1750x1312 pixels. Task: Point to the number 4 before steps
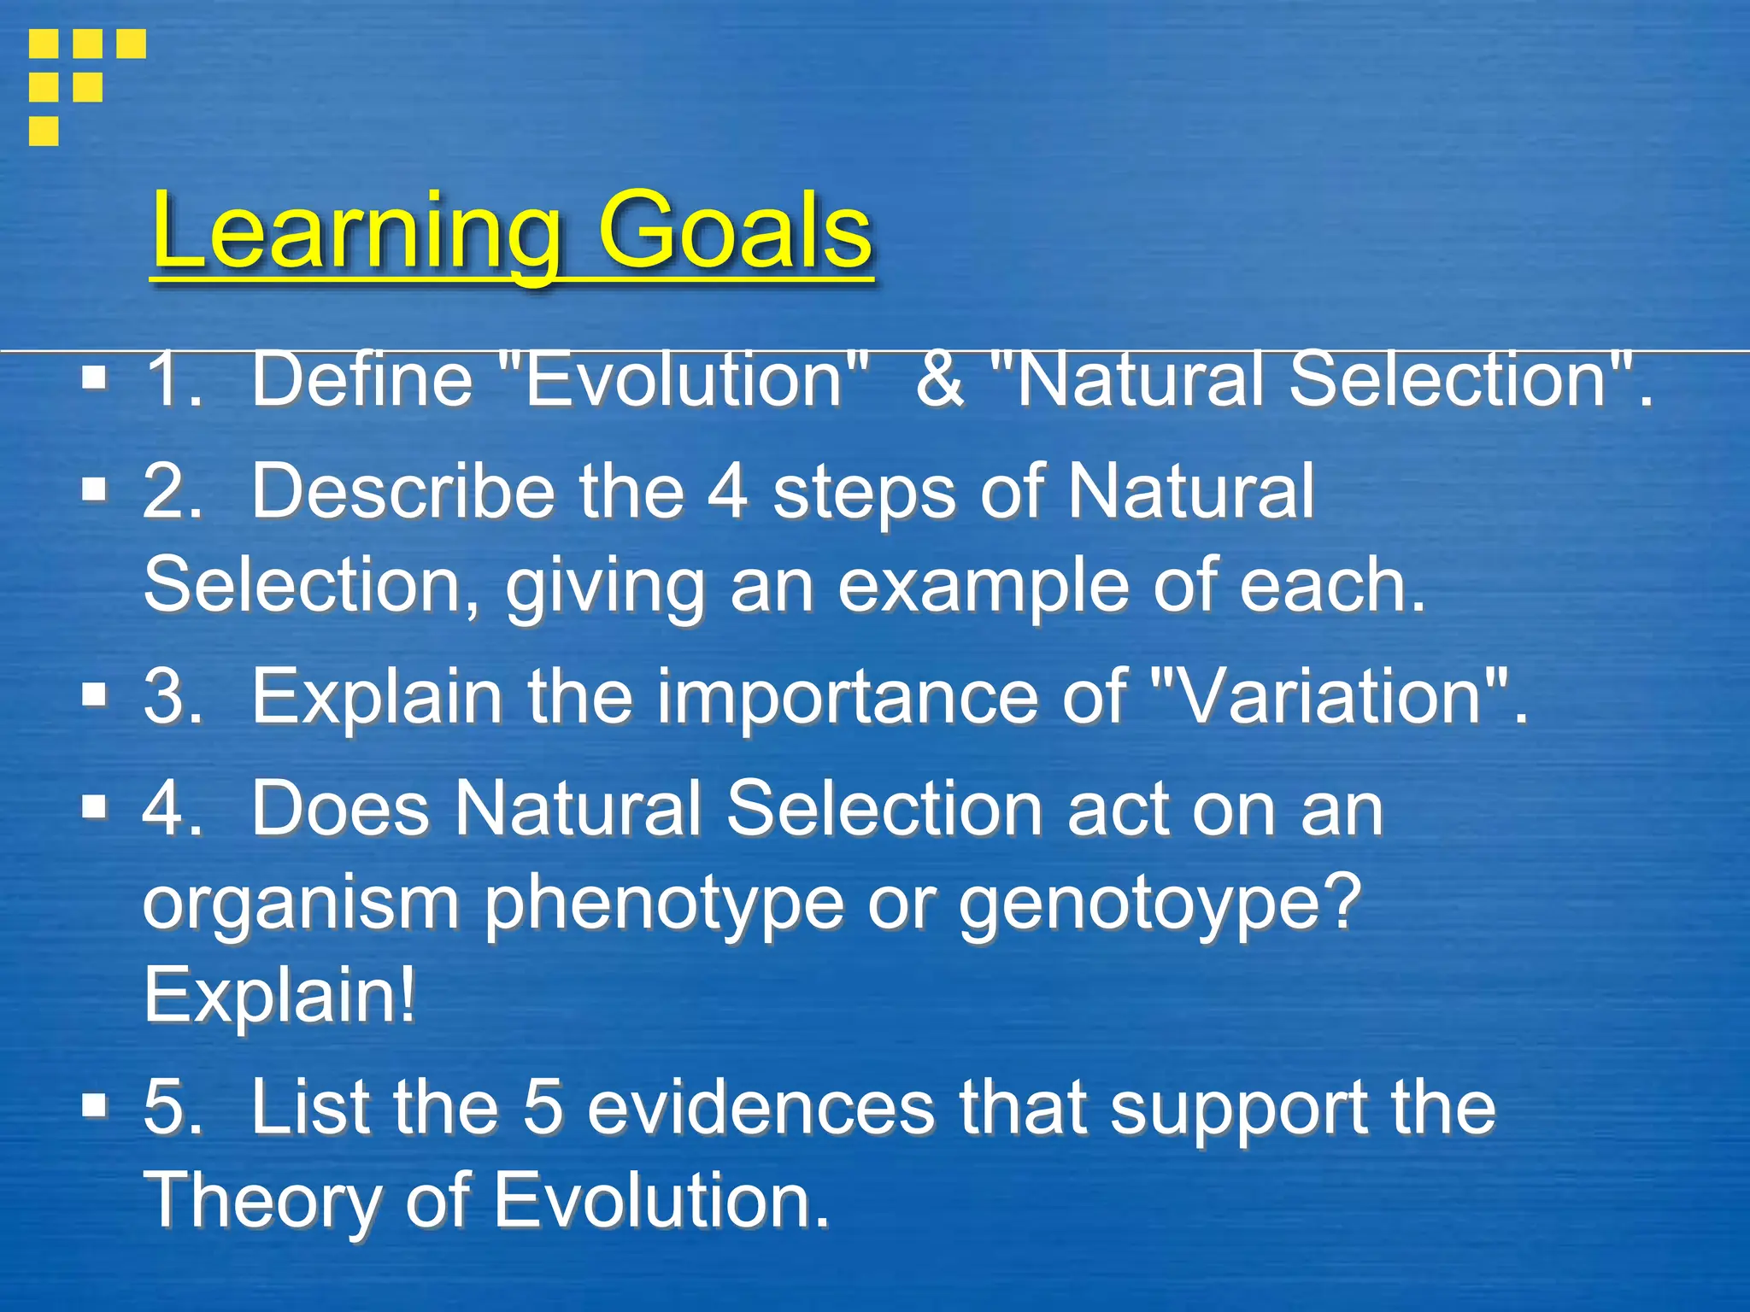pyautogui.click(x=727, y=492)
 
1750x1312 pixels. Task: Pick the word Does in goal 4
pyautogui.click(x=339, y=808)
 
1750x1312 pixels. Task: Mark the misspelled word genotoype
pyautogui.click(x=1158, y=904)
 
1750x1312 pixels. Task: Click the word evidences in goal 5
pyautogui.click(x=761, y=1107)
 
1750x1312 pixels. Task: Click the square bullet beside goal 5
pyautogui.click(x=95, y=1105)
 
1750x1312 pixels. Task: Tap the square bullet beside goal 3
pyautogui.click(x=95, y=695)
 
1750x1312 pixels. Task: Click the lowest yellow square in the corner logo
pyautogui.click(x=44, y=131)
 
